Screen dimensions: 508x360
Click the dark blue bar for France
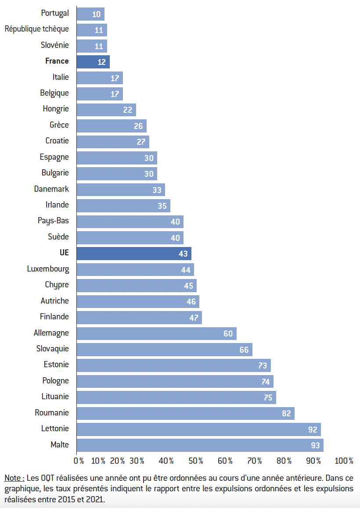point(93,61)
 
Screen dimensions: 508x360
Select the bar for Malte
point(200,445)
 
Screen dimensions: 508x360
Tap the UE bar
point(134,254)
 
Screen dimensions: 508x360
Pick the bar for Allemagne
point(156,333)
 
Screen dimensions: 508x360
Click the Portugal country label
point(55,13)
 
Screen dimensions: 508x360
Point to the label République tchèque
point(37,29)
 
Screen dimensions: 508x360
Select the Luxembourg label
point(48,268)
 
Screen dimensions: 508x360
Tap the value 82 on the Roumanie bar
point(287,413)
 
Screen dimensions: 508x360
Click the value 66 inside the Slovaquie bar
point(244,350)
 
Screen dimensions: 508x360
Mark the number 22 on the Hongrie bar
point(128,110)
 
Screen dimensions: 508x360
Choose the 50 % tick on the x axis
point(196,461)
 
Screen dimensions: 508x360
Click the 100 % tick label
point(344,461)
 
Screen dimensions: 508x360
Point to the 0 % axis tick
point(79,461)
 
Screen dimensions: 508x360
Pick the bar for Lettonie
point(198,429)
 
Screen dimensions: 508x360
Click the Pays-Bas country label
point(53,221)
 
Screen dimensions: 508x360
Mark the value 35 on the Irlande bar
point(162,206)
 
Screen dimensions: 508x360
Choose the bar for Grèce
point(112,126)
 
